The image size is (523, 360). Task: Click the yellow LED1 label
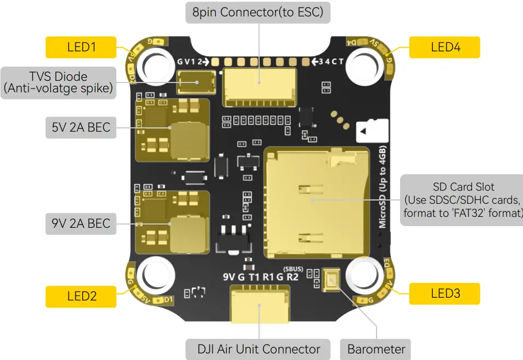click(x=81, y=47)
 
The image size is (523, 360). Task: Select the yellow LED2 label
click(x=81, y=296)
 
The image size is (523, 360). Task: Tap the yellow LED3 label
click(x=445, y=293)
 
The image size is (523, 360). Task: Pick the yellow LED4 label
click(x=445, y=47)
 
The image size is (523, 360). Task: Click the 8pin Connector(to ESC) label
click(x=258, y=12)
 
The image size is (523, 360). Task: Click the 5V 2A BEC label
click(x=80, y=127)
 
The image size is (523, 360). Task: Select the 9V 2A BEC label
click(x=80, y=223)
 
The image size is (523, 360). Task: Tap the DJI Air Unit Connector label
click(x=258, y=349)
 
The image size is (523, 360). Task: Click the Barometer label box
click(x=376, y=349)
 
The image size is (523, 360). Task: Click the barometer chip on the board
click(x=331, y=280)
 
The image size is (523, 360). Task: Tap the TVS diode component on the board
click(x=198, y=82)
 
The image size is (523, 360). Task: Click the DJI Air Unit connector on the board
click(x=259, y=306)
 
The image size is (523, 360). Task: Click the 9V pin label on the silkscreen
click(x=229, y=276)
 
